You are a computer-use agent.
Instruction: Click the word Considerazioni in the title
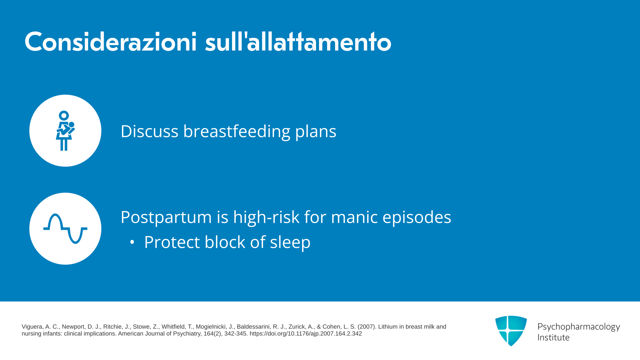click(x=111, y=42)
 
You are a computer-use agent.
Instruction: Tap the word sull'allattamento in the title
click(x=298, y=42)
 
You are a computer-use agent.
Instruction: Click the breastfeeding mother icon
click(x=65, y=131)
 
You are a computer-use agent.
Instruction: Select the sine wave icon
click(x=65, y=229)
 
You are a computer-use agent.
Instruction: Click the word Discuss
click(x=149, y=131)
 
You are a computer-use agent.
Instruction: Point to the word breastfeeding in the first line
click(x=237, y=131)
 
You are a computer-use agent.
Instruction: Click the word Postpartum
click(x=166, y=217)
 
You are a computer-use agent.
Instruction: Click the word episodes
click(x=417, y=217)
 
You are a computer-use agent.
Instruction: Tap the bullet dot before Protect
click(x=132, y=242)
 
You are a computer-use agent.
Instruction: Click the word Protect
click(x=172, y=242)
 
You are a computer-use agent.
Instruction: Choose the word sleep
click(x=290, y=242)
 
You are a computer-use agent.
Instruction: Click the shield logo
click(x=511, y=331)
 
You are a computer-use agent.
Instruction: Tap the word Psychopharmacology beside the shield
click(x=579, y=327)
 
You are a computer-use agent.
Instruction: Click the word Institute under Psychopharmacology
click(x=554, y=337)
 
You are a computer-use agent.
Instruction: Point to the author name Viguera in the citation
click(x=32, y=327)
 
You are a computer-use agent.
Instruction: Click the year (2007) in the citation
click(x=367, y=327)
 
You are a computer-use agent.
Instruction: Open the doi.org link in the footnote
click(x=306, y=334)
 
